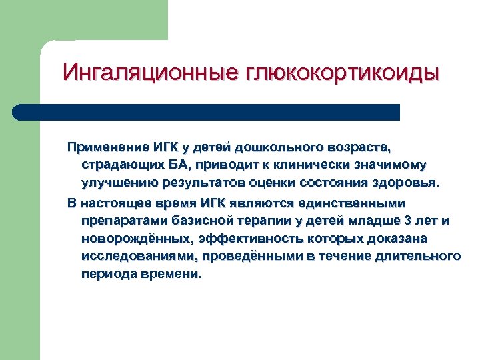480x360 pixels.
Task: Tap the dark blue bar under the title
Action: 207,112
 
